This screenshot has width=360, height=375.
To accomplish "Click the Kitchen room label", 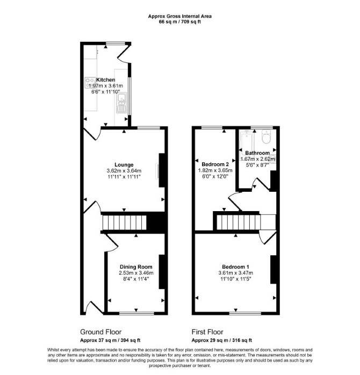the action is tap(105, 80).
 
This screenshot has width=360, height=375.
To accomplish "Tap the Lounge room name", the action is tap(124, 164).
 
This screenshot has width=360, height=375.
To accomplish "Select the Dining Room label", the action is tap(136, 266).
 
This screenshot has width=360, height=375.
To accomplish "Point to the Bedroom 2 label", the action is tap(215, 164).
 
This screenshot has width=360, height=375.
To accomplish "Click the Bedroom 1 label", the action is tap(236, 266).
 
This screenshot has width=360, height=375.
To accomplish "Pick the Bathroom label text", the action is tap(257, 153).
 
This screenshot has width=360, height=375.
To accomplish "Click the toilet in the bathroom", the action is tap(266, 136).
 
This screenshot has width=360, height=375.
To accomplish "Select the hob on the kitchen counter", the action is tap(90, 82).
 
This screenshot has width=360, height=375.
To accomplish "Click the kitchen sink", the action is tap(122, 103).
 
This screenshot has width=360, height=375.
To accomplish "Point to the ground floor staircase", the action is tap(124, 222).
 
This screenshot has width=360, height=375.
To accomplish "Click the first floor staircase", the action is tap(239, 222).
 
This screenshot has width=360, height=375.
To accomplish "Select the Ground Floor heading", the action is tap(100, 332).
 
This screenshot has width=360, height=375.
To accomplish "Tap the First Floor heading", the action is tap(207, 332).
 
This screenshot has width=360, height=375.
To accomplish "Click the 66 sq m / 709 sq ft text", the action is tap(180, 22).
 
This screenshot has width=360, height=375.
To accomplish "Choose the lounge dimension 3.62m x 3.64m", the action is tap(124, 171).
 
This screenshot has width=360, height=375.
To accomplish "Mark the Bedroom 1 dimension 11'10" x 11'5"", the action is tap(236, 279).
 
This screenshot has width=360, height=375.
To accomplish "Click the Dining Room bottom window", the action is tap(137, 313).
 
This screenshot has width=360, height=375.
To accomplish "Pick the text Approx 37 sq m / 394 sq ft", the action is tap(110, 340).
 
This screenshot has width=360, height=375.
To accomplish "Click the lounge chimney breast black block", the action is tap(162, 170).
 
